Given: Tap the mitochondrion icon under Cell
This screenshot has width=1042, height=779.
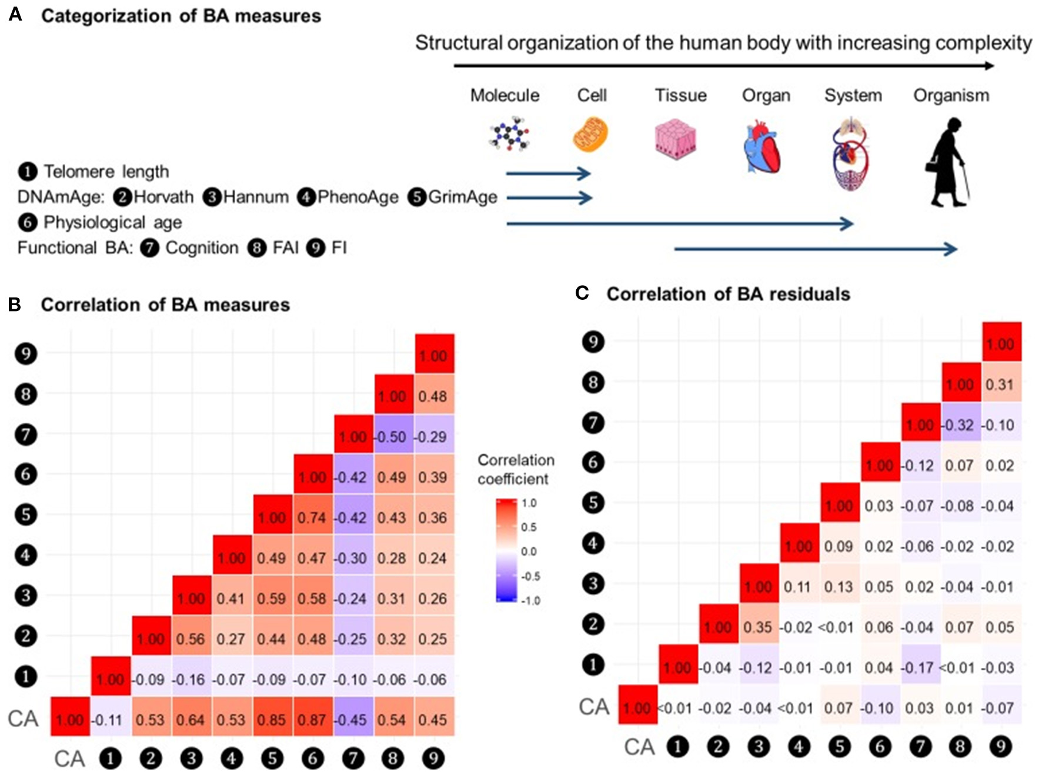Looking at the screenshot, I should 590,135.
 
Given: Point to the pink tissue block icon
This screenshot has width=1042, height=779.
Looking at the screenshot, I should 676,139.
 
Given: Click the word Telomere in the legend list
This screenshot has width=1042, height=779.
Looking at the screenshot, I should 79,172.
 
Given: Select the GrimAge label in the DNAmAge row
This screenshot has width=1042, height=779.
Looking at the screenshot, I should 462,197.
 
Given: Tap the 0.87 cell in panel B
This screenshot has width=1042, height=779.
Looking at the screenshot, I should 312,720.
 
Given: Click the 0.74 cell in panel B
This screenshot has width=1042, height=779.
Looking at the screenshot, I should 312,518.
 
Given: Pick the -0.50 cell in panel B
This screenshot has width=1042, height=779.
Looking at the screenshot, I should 392,437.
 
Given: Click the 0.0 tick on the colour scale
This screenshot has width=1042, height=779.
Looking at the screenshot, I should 529,551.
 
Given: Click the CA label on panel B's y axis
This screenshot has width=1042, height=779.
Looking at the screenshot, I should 23,718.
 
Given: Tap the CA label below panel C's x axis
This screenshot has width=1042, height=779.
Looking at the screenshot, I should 639,747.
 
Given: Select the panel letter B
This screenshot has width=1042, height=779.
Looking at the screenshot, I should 15,304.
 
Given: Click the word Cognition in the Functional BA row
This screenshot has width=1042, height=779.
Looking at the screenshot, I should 202,248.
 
